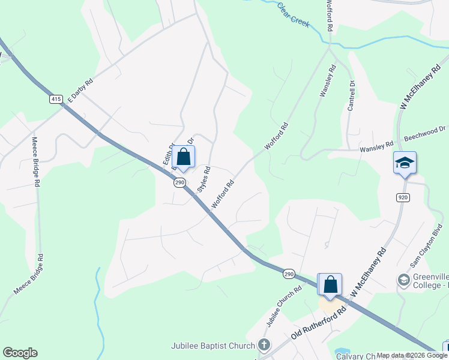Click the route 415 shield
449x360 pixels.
(x=56, y=99)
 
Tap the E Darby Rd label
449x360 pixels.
(x=80, y=91)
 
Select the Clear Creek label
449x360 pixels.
(x=294, y=14)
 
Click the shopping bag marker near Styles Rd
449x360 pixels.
(x=184, y=158)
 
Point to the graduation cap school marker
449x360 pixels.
(x=405, y=163)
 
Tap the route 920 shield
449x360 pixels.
(x=403, y=197)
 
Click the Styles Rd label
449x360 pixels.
(x=203, y=179)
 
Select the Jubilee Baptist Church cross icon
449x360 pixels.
(x=264, y=344)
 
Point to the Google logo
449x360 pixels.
(x=20, y=353)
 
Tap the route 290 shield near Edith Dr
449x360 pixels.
(x=179, y=182)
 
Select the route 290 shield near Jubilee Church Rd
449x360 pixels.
(x=289, y=274)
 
